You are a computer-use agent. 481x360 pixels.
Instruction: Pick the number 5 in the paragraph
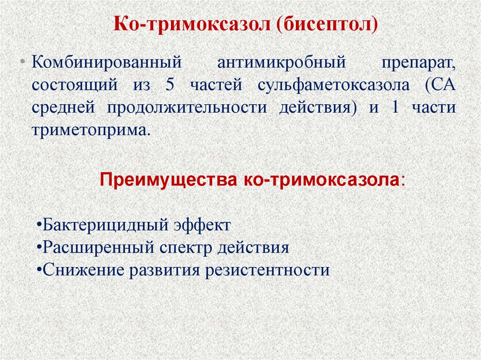pos(170,86)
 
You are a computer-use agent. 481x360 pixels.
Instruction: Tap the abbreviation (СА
pos(441,86)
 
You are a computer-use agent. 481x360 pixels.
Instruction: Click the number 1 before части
pos(395,108)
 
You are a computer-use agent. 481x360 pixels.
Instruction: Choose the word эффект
pos(203,225)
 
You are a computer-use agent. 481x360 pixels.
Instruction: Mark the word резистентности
pos(266,270)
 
